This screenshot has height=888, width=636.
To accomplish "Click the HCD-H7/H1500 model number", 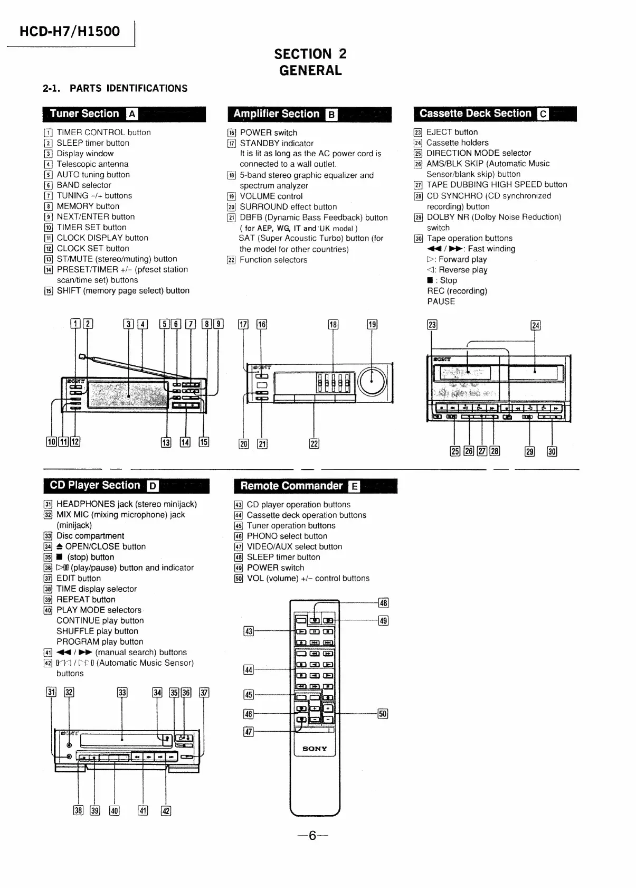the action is coord(70,32).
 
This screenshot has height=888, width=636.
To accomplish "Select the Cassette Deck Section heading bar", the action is coord(495,114).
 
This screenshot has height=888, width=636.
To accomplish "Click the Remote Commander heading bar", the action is coord(315,486).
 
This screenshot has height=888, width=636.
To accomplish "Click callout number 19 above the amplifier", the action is coord(372,325).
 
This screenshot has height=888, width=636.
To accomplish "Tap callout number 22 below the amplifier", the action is coord(314,444).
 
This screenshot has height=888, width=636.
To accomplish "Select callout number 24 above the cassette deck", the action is coord(536,325).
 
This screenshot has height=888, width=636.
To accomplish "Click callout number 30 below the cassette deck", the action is coord(552,451).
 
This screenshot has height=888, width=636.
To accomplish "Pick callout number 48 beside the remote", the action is coord(384,603).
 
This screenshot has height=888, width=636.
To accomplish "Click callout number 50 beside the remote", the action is coord(383,714).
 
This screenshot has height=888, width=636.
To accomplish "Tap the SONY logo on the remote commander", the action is coord(315,749).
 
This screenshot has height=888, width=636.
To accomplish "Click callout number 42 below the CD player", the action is coord(166,811).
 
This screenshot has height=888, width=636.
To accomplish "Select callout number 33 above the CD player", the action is coord(122,693).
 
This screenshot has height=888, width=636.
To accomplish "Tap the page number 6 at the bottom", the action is coord(312,836).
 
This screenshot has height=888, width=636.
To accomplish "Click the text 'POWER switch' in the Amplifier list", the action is coord(268,133).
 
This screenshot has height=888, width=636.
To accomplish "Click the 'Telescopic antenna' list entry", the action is coord(92,164).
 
